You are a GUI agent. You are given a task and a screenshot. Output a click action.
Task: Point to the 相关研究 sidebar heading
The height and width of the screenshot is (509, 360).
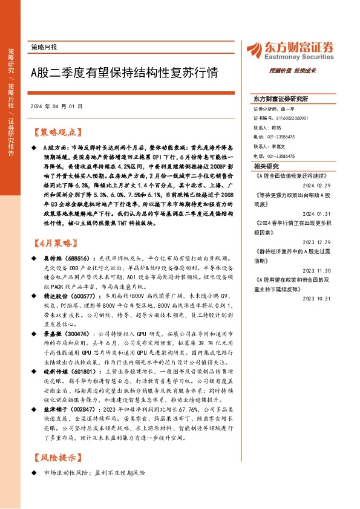267,166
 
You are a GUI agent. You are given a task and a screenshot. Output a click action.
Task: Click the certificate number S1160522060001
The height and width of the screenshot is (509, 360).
291,119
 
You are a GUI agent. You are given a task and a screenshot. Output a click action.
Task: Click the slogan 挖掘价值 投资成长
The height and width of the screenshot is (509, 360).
311,70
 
